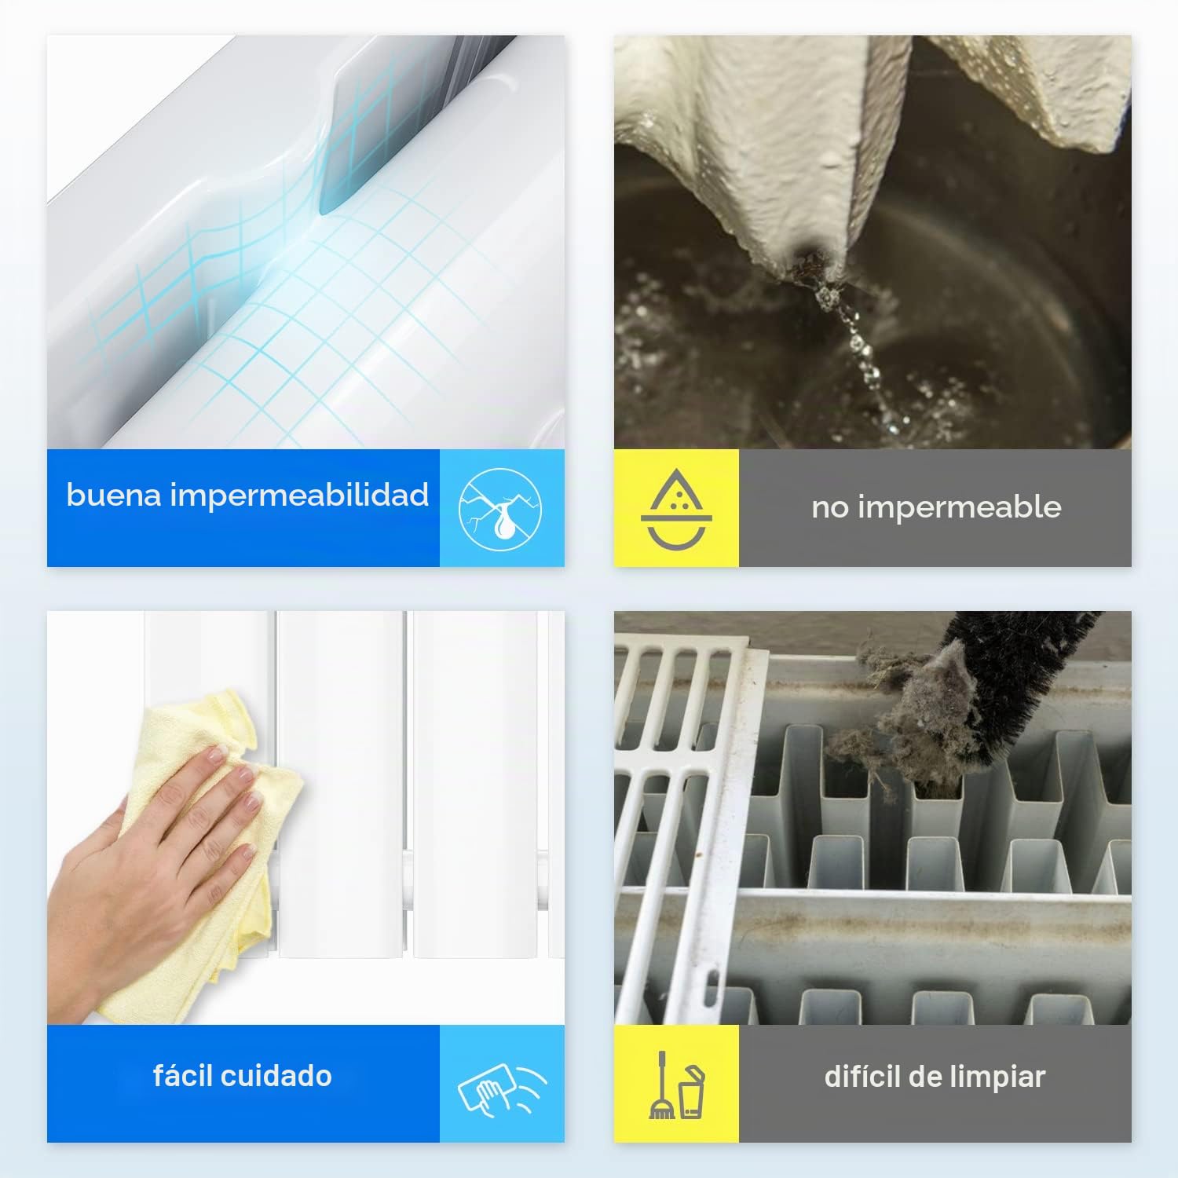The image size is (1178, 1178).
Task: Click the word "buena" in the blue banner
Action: pyautogui.click(x=114, y=495)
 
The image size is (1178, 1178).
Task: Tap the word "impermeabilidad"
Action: pyautogui.click(x=299, y=496)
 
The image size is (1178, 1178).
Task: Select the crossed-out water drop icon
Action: pyautogui.click(x=500, y=508)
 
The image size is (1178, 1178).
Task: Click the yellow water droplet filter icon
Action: pyautogui.click(x=675, y=508)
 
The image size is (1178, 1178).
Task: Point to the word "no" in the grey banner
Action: pyautogui.click(x=830, y=508)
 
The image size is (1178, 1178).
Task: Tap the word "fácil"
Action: pyautogui.click(x=183, y=1075)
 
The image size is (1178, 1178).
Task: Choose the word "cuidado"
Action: pyautogui.click(x=276, y=1076)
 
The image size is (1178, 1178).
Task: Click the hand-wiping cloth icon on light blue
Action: pyautogui.click(x=502, y=1085)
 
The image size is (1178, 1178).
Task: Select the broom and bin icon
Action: pyautogui.click(x=676, y=1085)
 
